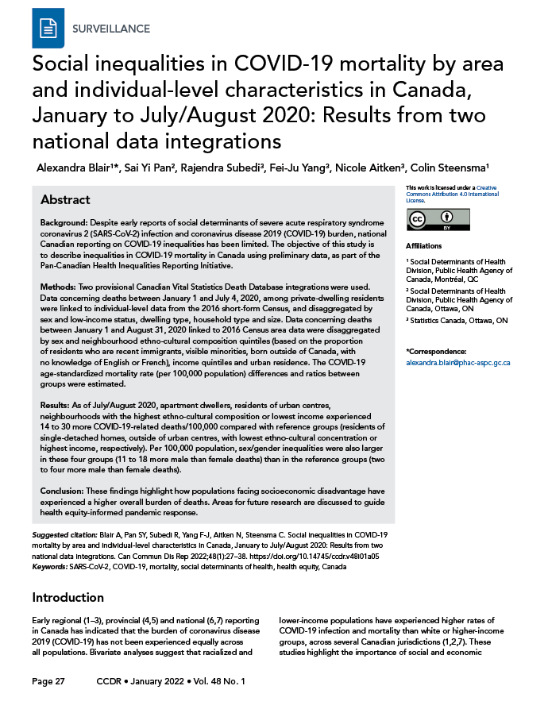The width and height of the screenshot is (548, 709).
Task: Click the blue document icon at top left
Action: pyautogui.click(x=47, y=29)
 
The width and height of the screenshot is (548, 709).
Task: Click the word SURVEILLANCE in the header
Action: pyautogui.click(x=110, y=29)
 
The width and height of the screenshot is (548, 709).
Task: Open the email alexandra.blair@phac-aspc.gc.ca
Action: pyautogui.click(x=457, y=362)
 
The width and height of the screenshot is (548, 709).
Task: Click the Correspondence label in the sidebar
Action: pyautogui.click(x=436, y=351)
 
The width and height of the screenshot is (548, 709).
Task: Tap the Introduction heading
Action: pyautogui.click(x=68, y=597)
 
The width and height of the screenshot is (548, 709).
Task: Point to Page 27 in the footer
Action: pyautogui.click(x=48, y=682)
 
